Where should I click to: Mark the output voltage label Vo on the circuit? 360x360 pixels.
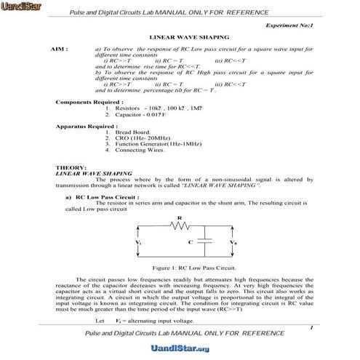233,240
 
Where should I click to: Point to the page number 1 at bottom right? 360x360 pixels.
311,329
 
